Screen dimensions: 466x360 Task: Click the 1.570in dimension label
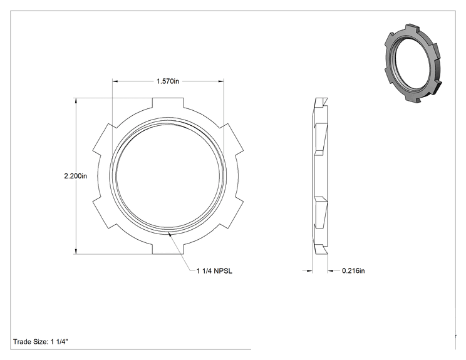coord(168,81)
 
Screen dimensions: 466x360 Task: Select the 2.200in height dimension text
coord(76,176)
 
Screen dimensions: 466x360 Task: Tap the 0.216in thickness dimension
coord(353,270)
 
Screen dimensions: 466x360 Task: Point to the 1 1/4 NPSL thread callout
coord(214,271)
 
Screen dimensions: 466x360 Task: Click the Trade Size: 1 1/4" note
coord(41,342)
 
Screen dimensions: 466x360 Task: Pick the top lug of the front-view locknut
coord(168,103)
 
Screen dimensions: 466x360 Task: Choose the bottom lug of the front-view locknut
coord(168,249)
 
